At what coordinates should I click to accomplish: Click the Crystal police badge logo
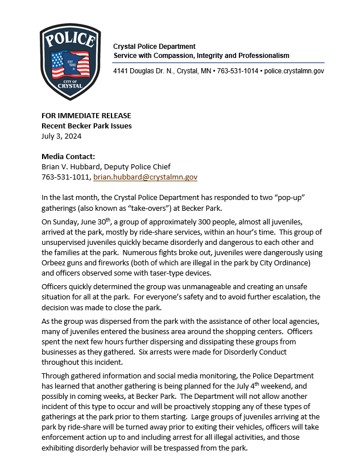pos(70,61)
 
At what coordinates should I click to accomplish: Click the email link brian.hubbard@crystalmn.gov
pos(145,177)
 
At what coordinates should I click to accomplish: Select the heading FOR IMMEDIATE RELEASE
pos(86,115)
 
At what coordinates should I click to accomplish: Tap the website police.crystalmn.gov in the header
pos(293,71)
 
